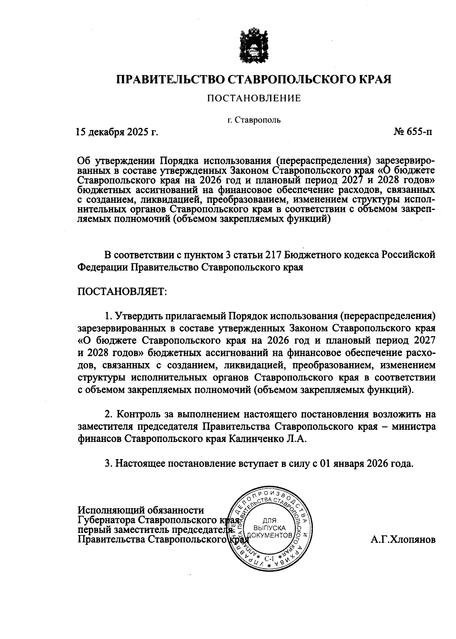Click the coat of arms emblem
(253, 45)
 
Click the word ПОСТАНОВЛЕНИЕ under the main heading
(254, 99)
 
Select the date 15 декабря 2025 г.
(117, 132)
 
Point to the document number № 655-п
(413, 132)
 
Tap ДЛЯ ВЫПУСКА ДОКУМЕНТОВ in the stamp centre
(270, 528)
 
